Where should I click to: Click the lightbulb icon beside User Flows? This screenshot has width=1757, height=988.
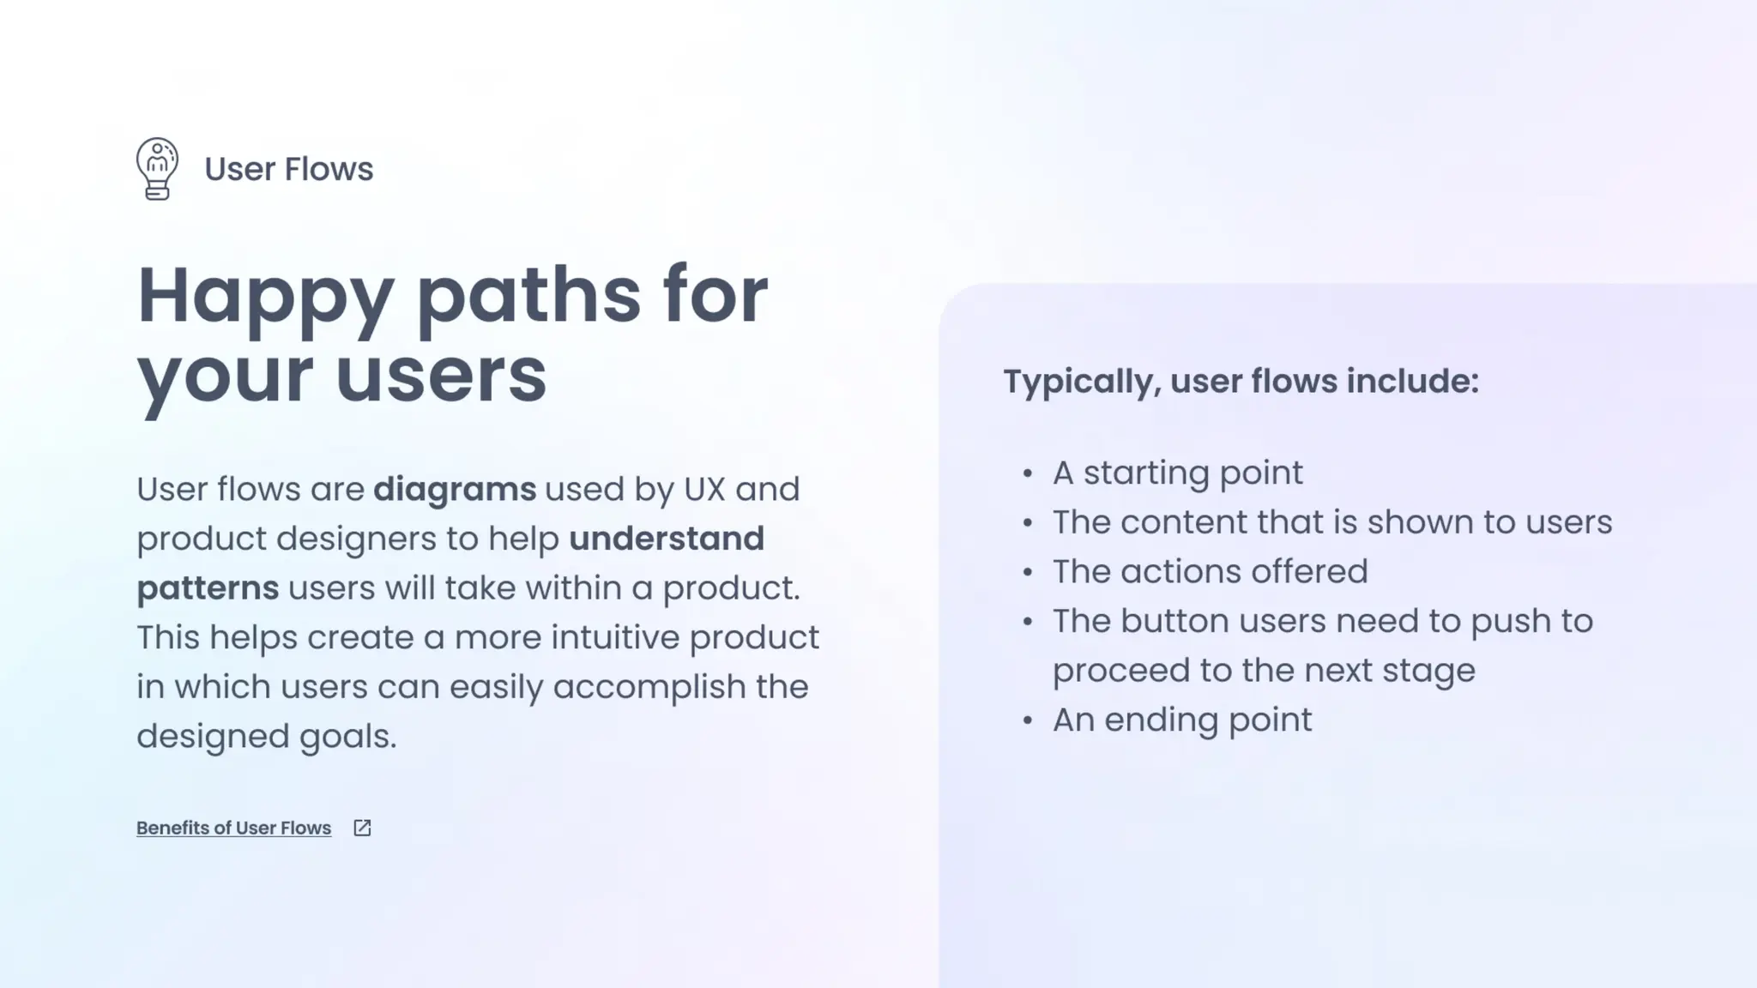click(157, 168)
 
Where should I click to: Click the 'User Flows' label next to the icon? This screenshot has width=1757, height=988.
click(288, 169)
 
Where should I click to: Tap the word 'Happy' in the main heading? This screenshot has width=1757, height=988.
click(265, 296)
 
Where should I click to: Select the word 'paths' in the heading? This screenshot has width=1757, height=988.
click(528, 296)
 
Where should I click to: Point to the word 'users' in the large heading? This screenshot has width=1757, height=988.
click(441, 375)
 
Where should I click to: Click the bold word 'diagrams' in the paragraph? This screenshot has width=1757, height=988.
click(455, 489)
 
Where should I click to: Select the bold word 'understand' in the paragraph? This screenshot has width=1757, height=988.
click(667, 539)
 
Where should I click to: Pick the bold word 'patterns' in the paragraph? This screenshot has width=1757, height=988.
click(208, 588)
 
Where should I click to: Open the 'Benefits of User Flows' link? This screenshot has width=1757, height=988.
click(233, 828)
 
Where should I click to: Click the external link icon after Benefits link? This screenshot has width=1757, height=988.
click(362, 828)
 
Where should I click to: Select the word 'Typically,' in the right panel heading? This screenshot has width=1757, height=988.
click(1082, 382)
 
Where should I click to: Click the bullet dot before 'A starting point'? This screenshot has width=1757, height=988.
click(1028, 473)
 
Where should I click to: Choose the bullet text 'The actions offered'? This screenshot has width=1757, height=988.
click(1210, 571)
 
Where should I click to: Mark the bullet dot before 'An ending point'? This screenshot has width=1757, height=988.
click(1028, 720)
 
